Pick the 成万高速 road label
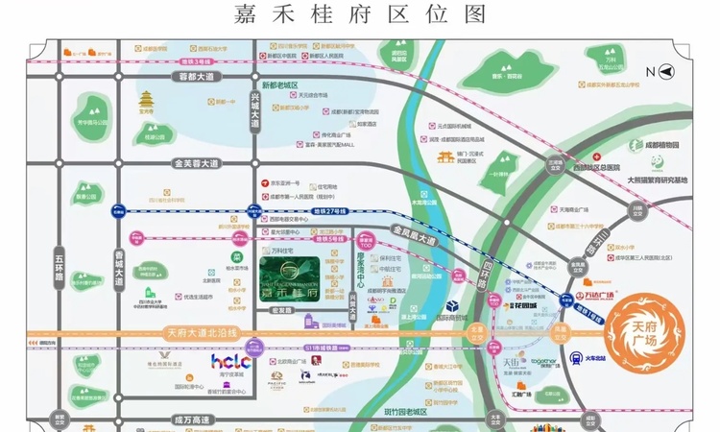point(196,419)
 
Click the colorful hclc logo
point(230,362)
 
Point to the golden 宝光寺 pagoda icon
point(147,100)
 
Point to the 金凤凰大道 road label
point(414,235)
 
